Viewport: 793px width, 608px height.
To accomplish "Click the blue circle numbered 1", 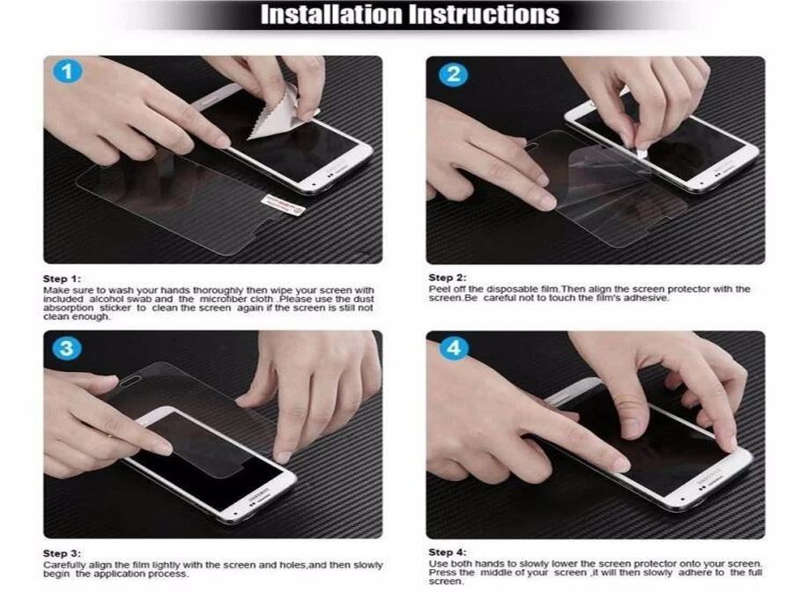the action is point(67,71).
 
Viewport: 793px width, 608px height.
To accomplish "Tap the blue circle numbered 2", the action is point(453,74).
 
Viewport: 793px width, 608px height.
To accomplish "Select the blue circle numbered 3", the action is point(67,349).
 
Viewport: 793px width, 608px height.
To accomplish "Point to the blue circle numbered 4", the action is point(453,349).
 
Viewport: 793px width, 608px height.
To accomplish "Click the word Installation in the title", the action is point(332,15).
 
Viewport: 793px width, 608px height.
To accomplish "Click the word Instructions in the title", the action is point(485,15).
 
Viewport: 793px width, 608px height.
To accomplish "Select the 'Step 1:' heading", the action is point(62,278).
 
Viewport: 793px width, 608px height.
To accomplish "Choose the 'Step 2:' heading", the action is point(448,278).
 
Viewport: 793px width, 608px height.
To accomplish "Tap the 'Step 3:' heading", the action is point(62,553).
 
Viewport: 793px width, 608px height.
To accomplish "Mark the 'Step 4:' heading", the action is point(448,552).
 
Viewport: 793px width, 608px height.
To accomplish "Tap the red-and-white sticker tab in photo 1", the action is point(283,204).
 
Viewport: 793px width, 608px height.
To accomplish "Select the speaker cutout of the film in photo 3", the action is point(130,382).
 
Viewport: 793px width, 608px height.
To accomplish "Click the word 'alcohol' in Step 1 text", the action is point(106,299).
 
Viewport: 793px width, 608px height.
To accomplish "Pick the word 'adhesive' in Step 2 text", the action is point(646,298).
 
